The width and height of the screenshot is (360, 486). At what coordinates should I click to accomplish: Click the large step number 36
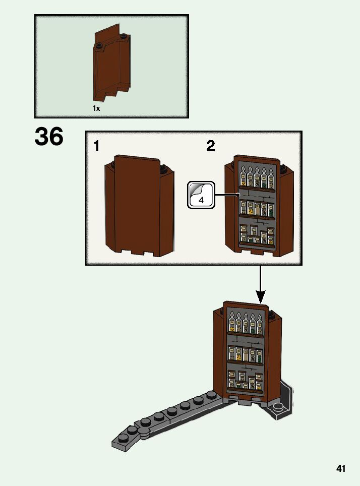pos(49,137)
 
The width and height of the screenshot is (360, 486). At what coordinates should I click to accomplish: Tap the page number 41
pos(341,469)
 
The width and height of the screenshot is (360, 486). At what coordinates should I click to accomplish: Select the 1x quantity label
pos(96,108)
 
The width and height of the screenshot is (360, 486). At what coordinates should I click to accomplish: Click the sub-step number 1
pos(96,146)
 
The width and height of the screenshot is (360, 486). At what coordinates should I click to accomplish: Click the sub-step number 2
pos(211,146)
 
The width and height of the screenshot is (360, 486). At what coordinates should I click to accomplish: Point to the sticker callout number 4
pos(201,200)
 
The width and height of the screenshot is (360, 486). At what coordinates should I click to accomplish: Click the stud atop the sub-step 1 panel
pos(163,168)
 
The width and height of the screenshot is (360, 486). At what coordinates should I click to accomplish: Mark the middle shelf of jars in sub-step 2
pos(258,208)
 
